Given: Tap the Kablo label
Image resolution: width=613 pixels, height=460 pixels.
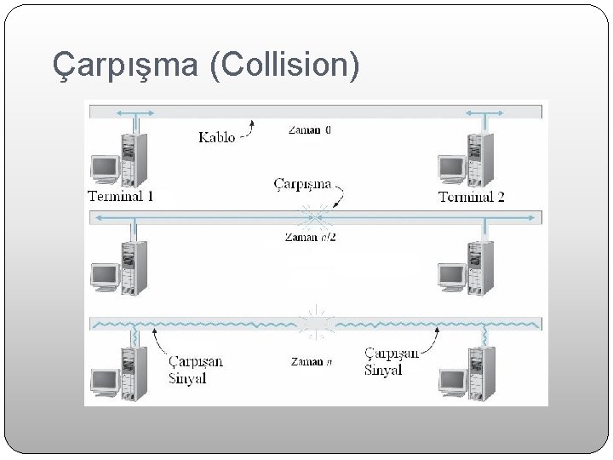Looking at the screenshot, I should pyautogui.click(x=217, y=136).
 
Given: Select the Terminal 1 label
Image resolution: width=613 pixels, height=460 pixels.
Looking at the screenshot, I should pyautogui.click(x=121, y=197).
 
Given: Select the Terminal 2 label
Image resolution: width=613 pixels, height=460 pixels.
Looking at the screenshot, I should pyautogui.click(x=472, y=197).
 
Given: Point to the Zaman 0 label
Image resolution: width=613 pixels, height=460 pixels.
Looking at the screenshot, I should pyautogui.click(x=310, y=130).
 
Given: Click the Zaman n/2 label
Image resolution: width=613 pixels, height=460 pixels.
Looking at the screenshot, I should pyautogui.click(x=310, y=237).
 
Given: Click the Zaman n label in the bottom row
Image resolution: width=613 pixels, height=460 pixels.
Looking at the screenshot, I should pyautogui.click(x=310, y=362).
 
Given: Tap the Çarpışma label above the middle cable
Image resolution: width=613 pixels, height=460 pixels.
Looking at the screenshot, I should pyautogui.click(x=302, y=183).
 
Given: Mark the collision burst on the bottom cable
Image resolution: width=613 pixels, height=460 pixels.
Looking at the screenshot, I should pyautogui.click(x=316, y=323).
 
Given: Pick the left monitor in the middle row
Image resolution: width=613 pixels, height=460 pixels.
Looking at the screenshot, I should pyautogui.click(x=105, y=274).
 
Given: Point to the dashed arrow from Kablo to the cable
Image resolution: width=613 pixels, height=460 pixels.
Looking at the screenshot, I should pyautogui.click(x=248, y=130).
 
